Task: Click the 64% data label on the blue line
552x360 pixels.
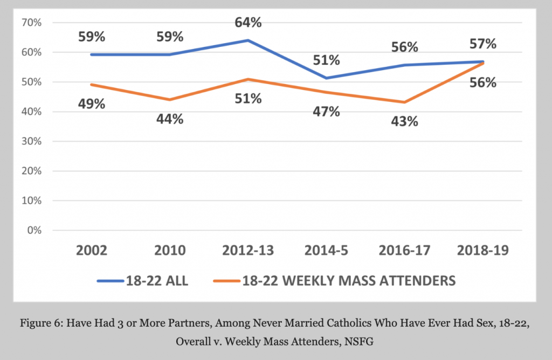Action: pos(248,23)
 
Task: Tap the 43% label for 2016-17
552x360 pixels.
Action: pos(404,121)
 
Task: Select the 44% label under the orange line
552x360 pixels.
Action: pos(169,119)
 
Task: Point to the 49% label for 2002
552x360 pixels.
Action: pos(91,104)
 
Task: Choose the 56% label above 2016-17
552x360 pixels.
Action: pos(404,47)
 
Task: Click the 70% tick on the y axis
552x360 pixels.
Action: pos(31,23)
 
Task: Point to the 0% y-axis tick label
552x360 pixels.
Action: pos(33,230)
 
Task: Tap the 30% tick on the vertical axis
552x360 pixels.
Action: pos(31,141)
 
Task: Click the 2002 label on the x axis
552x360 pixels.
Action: pos(92,251)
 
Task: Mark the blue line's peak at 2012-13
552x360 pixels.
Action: pos(247,40)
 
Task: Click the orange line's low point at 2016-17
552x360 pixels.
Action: pos(404,102)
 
